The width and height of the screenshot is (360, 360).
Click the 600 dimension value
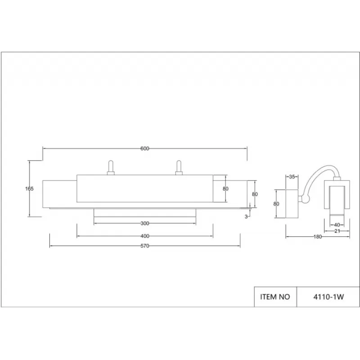pos(144,148)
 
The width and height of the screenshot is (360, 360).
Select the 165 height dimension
pos(29,189)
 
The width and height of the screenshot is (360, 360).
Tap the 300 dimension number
pos(144,223)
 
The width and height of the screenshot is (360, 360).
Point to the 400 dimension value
pos(144,236)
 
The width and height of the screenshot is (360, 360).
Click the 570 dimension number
pos(144,246)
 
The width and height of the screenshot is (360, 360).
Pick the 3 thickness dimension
pos(246,216)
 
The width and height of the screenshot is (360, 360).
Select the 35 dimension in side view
pos(292,177)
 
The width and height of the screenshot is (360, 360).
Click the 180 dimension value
pos(318,237)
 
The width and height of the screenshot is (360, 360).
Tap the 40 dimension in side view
pos(337,225)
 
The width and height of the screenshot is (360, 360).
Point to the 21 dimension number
pos(337,231)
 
